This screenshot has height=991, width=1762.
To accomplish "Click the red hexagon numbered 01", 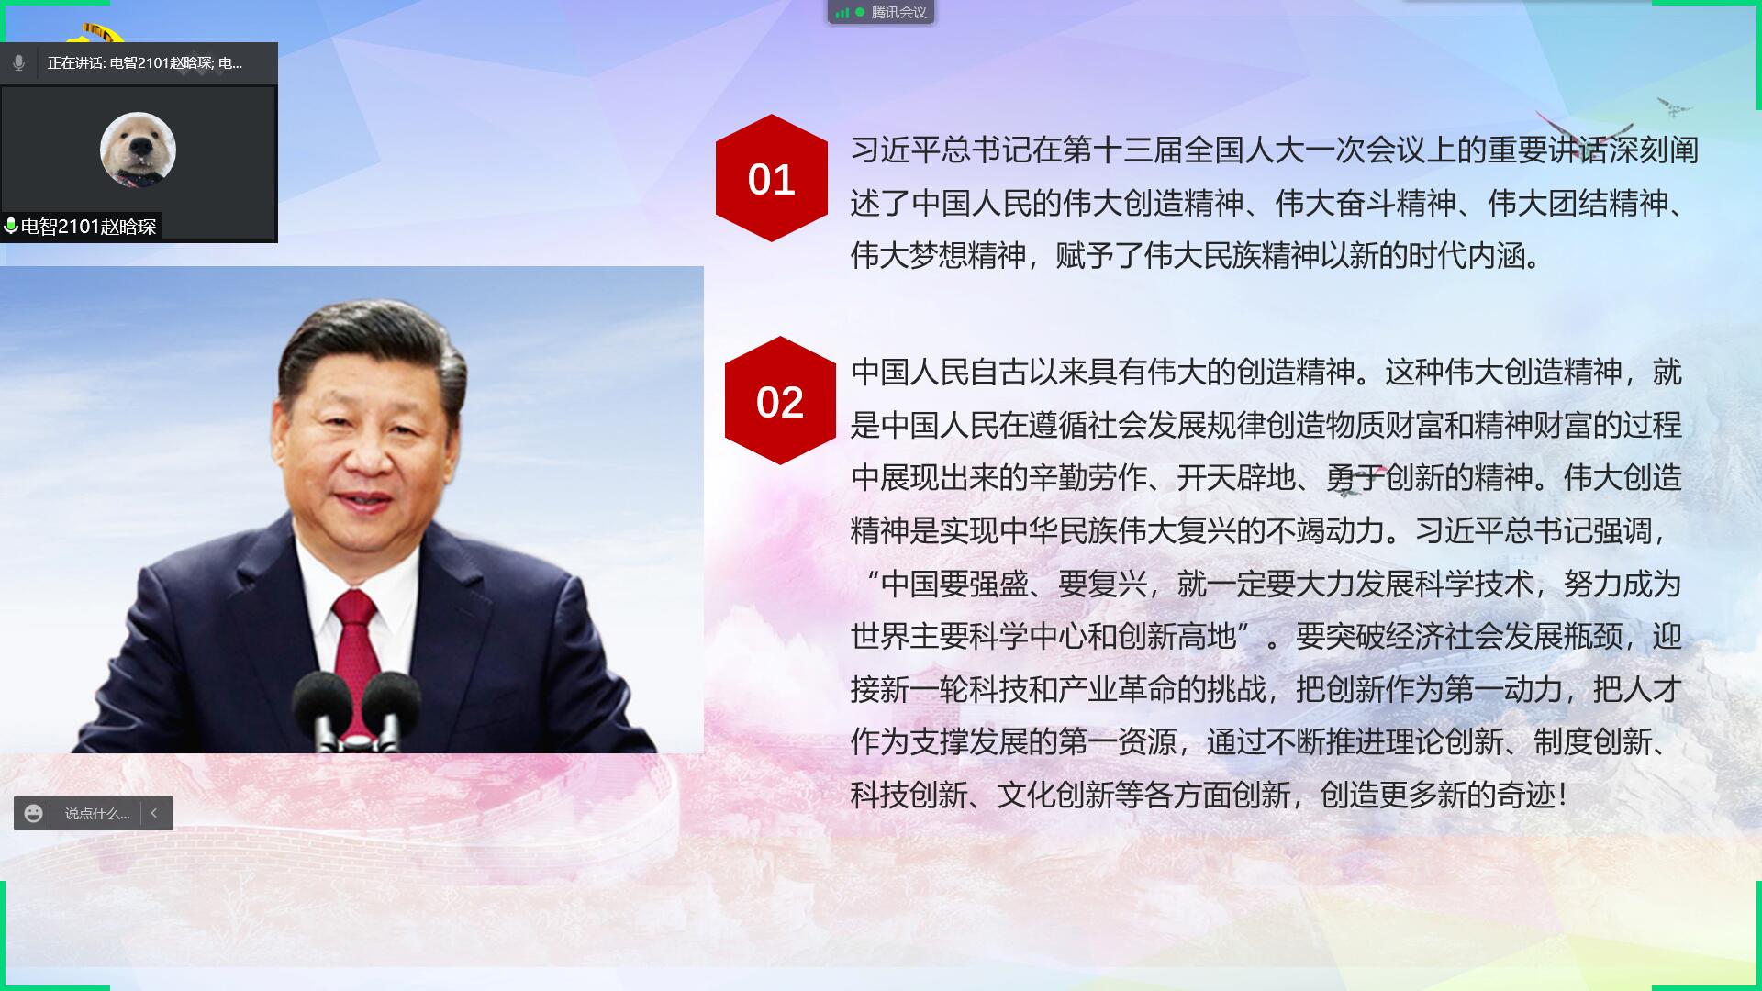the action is (771, 178).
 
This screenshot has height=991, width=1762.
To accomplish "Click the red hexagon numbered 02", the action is (780, 401).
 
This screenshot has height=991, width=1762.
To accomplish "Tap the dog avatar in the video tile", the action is (138, 150).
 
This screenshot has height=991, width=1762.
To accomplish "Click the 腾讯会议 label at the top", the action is (898, 13).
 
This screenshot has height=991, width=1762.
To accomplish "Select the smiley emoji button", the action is (34, 813).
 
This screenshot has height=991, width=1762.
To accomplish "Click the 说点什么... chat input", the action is (97, 814).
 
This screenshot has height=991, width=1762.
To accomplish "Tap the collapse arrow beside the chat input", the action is (154, 813).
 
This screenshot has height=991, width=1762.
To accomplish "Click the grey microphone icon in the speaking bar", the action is (18, 63).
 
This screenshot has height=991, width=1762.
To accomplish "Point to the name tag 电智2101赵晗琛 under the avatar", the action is (89, 227).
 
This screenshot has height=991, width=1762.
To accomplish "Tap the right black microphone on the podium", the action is (390, 711).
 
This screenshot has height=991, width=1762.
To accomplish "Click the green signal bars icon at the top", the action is (842, 13).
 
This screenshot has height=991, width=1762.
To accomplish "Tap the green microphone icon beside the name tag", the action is (10, 226).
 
